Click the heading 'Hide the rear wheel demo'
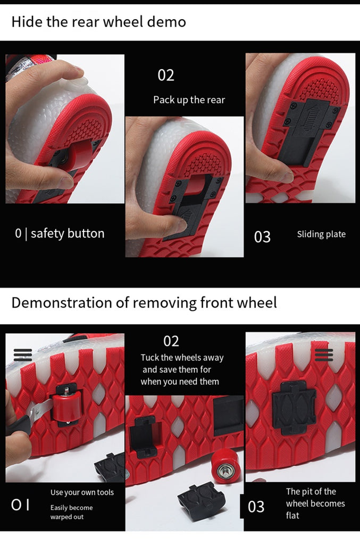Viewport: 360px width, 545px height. pyautogui.click(x=98, y=22)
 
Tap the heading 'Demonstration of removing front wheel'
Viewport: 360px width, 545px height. pyautogui.click(x=144, y=303)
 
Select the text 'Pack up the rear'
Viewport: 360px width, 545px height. pyautogui.click(x=189, y=100)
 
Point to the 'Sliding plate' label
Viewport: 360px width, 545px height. pyautogui.click(x=321, y=234)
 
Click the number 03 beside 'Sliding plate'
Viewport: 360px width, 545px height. pyautogui.click(x=262, y=237)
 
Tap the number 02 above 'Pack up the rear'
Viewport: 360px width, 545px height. pyautogui.click(x=165, y=75)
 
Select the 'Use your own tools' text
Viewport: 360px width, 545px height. pyautogui.click(x=82, y=492)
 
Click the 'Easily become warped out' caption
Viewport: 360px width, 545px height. pyautogui.click(x=71, y=512)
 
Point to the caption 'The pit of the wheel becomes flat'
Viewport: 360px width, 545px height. pyautogui.click(x=315, y=503)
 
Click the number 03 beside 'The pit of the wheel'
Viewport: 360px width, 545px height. pyautogui.click(x=256, y=507)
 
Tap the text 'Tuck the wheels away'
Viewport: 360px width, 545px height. pyautogui.click(x=182, y=358)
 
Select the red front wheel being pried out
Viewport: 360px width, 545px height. pyautogui.click(x=67, y=405)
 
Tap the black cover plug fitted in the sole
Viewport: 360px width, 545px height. pyautogui.click(x=294, y=407)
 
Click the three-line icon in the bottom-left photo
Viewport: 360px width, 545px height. pyautogui.click(x=23, y=355)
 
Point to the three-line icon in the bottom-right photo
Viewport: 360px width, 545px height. pyautogui.click(x=324, y=355)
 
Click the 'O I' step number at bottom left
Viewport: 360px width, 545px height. pyautogui.click(x=20, y=505)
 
